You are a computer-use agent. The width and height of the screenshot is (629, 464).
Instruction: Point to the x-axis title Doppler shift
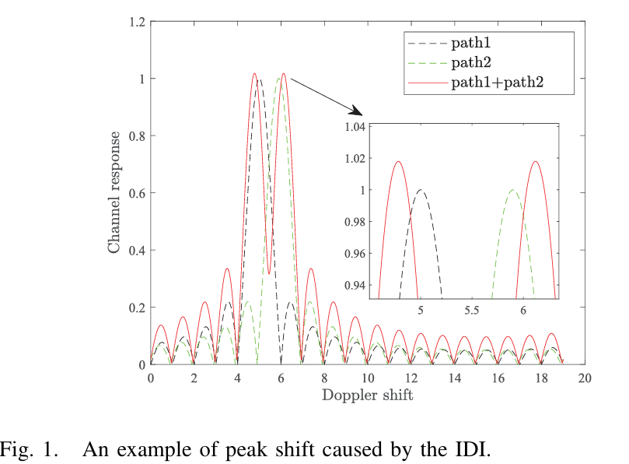[369, 395]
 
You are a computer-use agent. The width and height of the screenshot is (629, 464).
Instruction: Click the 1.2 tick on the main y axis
[137, 22]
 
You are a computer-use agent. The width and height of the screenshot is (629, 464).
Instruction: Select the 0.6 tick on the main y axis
[137, 193]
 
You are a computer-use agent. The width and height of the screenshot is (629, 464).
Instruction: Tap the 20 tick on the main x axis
[585, 378]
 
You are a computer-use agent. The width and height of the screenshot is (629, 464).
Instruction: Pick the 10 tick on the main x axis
[368, 378]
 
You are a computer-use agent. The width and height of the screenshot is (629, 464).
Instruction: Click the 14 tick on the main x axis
[455, 378]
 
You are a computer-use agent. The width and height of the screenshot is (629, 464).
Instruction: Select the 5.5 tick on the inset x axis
[471, 309]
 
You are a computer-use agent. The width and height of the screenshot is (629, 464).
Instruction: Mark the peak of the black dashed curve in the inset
[421, 190]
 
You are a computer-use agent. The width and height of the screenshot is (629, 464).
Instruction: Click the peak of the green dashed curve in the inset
[513, 190]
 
